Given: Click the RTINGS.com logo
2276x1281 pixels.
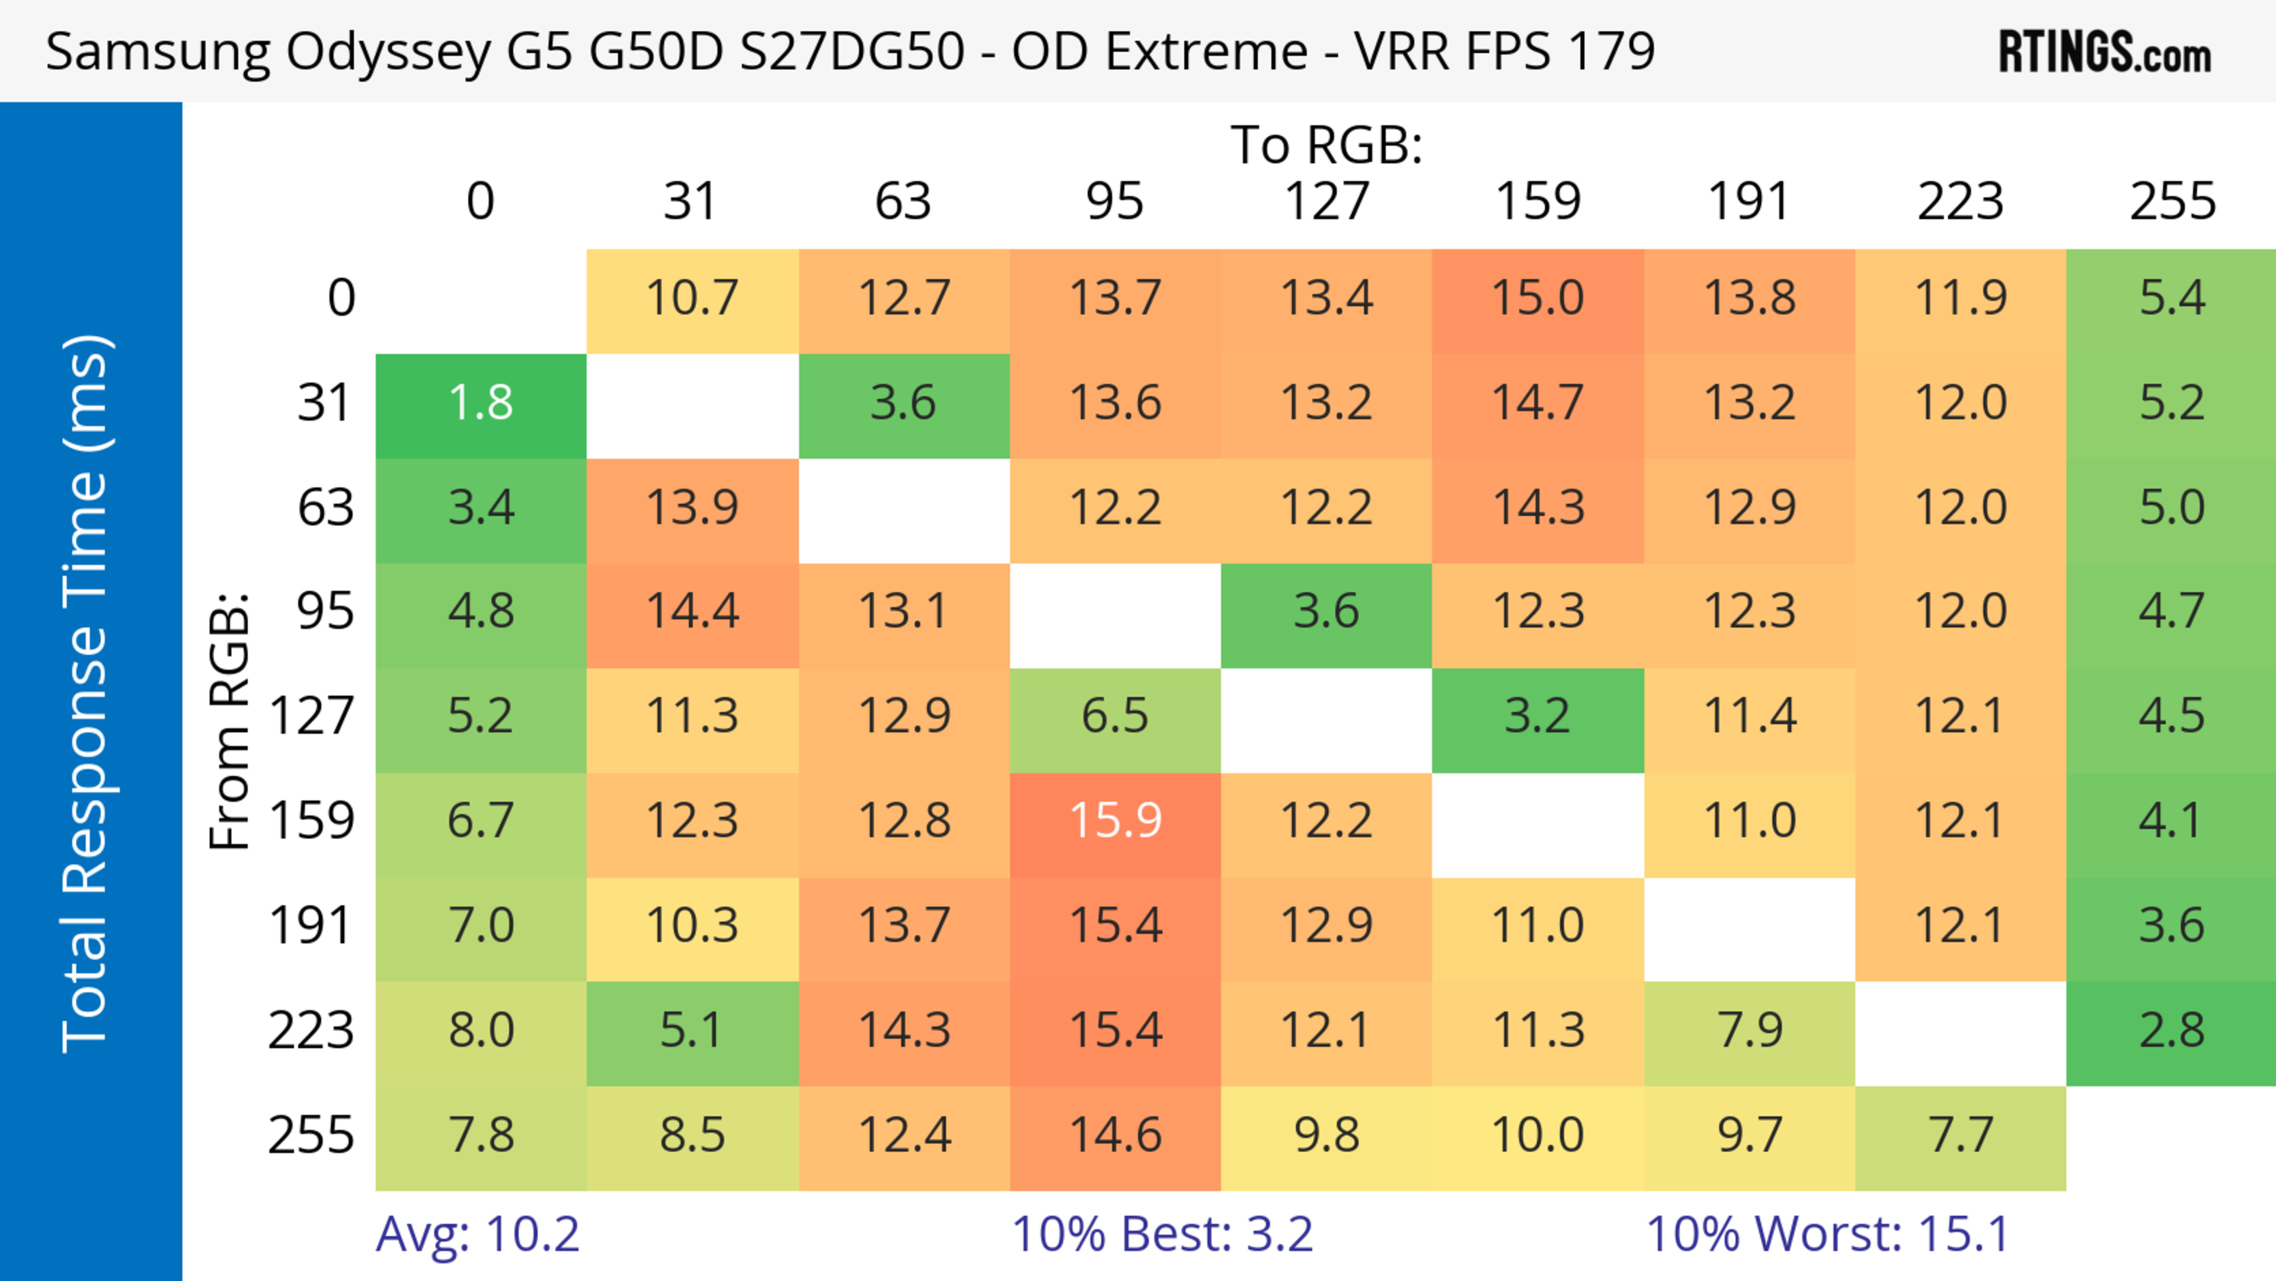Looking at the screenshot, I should pyautogui.click(x=2105, y=51).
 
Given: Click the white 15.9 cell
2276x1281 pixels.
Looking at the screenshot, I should pyautogui.click(x=1115, y=821).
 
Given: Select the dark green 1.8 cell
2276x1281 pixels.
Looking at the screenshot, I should pyautogui.click(x=481, y=404).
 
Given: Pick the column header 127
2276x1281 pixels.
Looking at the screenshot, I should pyautogui.click(x=1326, y=202).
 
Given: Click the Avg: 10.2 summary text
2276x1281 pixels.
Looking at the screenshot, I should pyautogui.click(x=477, y=1234).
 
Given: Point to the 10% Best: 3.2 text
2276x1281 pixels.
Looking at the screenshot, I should pyautogui.click(x=1162, y=1234).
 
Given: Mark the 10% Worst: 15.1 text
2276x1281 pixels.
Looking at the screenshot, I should pyautogui.click(x=1827, y=1234).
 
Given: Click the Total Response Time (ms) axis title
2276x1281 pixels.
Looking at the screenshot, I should pyautogui.click(x=87, y=694).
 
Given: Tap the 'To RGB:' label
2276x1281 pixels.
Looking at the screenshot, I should pyautogui.click(x=1326, y=144).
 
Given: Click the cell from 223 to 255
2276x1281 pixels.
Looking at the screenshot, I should pyautogui.click(x=2171, y=1031).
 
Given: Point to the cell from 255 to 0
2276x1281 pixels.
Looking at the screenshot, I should pyautogui.click(x=481, y=1135).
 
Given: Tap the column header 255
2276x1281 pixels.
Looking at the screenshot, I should pyautogui.click(x=2172, y=202).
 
